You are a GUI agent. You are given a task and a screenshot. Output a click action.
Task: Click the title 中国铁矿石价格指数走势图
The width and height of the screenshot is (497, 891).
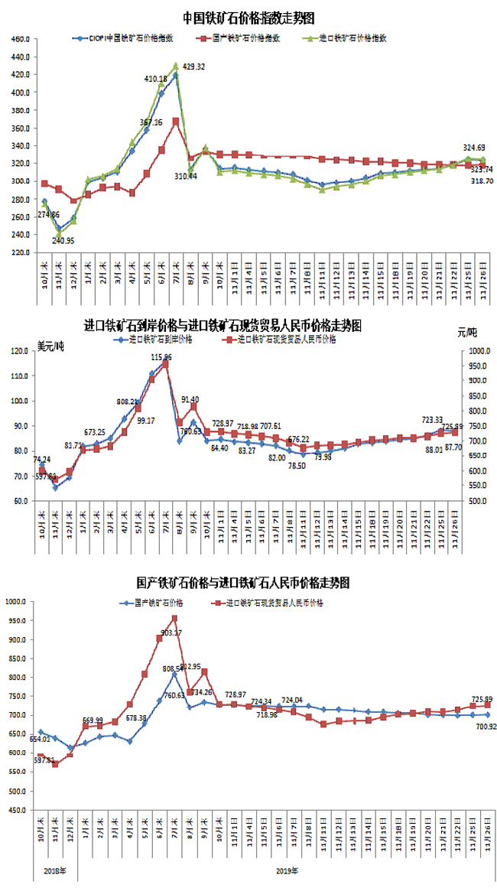pos(248,17)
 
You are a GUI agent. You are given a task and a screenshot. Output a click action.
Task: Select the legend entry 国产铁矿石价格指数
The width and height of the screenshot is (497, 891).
pos(245,37)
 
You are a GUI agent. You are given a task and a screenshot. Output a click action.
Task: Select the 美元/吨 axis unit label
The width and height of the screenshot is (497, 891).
pos(50,346)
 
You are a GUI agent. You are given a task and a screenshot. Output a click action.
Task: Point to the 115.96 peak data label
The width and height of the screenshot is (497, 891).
pos(161,357)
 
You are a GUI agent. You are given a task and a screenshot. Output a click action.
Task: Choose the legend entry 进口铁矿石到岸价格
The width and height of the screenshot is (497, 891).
pos(161,338)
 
